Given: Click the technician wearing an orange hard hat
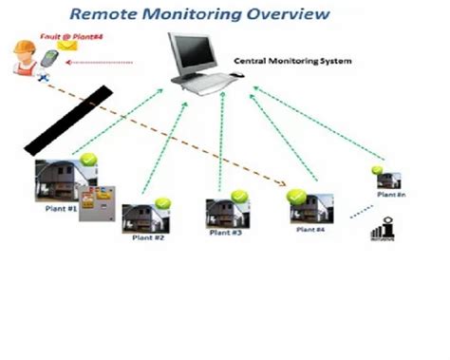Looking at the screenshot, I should (x=22, y=58).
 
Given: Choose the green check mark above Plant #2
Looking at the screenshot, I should (x=162, y=202).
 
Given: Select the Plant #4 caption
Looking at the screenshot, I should (x=309, y=230).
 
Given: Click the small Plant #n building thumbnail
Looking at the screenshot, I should (x=388, y=180).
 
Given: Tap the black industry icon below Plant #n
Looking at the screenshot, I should (x=385, y=230).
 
